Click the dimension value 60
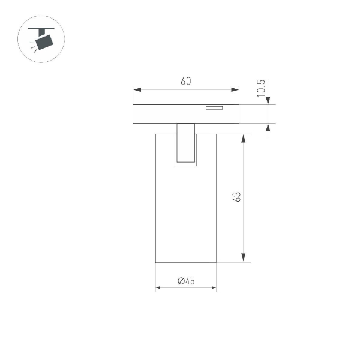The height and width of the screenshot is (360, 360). tap(185, 82)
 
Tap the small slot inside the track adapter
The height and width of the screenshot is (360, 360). tap(214, 109)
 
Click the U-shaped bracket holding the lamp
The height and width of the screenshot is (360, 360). tap(186, 147)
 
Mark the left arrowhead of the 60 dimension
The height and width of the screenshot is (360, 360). tap(136, 90)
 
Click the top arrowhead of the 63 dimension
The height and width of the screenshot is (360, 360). tap(244, 138)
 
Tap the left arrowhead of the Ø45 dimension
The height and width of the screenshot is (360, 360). tap(159, 288)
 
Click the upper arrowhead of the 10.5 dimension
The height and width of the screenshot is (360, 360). tap(267, 101)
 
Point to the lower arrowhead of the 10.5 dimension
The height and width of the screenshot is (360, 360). tap(267, 127)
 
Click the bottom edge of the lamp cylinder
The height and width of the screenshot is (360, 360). tap(186, 262)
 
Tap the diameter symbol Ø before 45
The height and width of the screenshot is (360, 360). tap(181, 280)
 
